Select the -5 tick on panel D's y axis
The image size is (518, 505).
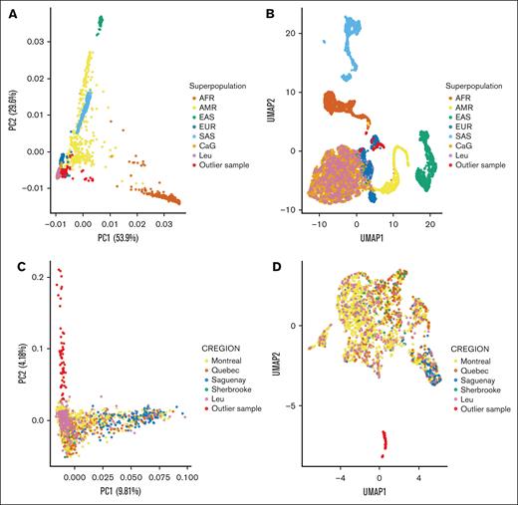310,406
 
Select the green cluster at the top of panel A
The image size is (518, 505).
100,22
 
